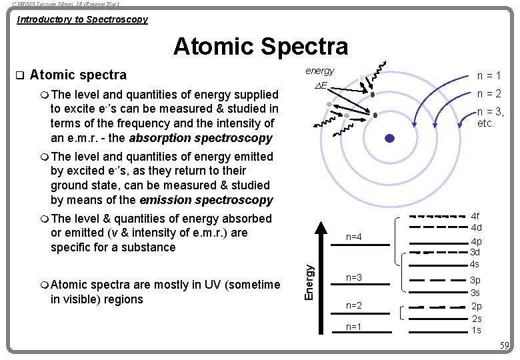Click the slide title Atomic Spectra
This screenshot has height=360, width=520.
click(x=261, y=47)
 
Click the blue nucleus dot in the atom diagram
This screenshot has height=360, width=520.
click(x=390, y=139)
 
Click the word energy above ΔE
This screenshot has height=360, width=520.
click(x=320, y=71)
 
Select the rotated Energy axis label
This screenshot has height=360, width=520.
click(x=309, y=281)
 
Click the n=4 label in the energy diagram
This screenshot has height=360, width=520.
click(x=354, y=237)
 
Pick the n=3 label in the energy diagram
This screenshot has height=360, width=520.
click(x=354, y=277)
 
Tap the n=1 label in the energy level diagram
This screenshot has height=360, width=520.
click(x=354, y=327)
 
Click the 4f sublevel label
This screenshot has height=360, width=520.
click(x=476, y=216)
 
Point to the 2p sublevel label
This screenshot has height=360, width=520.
click(x=476, y=307)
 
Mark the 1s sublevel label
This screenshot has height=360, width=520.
click(x=476, y=330)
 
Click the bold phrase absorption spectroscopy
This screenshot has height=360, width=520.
click(x=201, y=138)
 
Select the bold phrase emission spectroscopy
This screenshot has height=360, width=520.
click(x=206, y=200)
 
